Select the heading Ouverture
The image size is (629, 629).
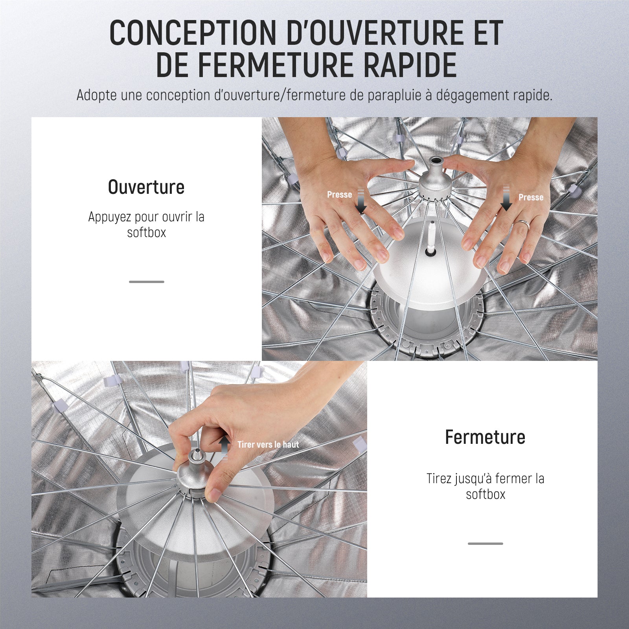(x=146, y=187)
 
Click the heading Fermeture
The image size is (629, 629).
(x=485, y=437)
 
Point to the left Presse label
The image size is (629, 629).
(x=339, y=195)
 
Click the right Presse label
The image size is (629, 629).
(x=531, y=197)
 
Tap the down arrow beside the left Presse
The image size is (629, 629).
(x=361, y=201)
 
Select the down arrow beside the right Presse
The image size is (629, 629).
(x=506, y=198)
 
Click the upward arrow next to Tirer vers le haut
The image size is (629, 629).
(x=224, y=447)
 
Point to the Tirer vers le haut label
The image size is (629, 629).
(x=268, y=445)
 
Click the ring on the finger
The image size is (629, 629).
(x=521, y=225)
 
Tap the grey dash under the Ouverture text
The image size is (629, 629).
(x=147, y=282)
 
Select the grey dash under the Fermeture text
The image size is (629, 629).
(x=486, y=544)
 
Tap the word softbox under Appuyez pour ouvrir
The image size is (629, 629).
(x=147, y=232)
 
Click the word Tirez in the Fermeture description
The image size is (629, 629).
(x=439, y=478)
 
